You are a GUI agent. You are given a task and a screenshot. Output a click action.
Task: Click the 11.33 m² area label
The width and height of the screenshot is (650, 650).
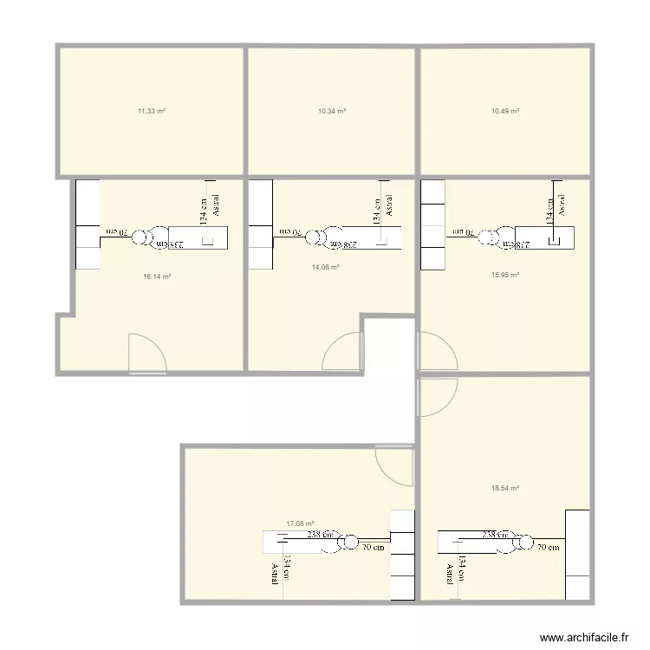click(152, 111)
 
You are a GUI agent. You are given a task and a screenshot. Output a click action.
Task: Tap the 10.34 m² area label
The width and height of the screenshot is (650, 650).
click(332, 111)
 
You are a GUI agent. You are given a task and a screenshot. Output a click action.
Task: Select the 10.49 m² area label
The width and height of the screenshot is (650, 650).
click(504, 111)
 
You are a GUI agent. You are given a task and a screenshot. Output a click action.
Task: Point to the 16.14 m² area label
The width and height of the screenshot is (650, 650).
click(157, 276)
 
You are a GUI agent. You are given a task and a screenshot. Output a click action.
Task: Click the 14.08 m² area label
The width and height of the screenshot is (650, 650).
click(325, 268)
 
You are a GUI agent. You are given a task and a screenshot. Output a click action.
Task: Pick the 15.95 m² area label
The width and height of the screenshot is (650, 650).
click(504, 275)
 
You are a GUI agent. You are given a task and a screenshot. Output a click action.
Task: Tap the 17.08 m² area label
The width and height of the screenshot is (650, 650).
click(300, 523)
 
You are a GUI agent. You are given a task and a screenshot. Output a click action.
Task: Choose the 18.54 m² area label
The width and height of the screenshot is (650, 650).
click(504, 488)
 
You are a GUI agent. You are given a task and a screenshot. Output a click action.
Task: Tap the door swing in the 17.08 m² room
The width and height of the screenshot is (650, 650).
click(394, 466)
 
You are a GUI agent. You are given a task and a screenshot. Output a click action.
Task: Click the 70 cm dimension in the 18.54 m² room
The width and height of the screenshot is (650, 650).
click(548, 547)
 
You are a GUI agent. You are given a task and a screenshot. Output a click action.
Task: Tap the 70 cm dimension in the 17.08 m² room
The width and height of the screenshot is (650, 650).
click(374, 547)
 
